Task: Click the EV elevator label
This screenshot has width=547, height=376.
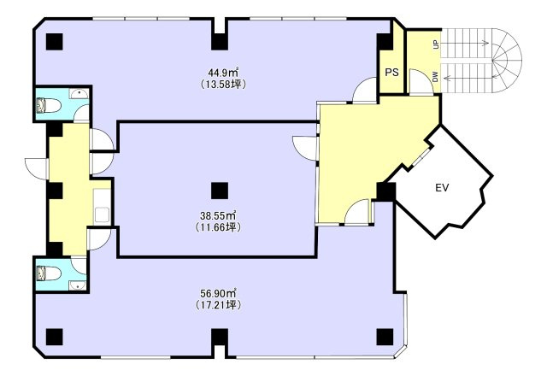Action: tap(442, 188)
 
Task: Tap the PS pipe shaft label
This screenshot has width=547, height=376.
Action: tap(391, 72)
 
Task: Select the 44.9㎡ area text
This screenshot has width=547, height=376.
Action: tap(223, 73)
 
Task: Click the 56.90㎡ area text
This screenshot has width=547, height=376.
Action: tap(219, 293)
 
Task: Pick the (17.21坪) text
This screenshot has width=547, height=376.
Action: tap(219, 305)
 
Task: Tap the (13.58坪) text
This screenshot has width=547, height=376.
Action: tap(223, 85)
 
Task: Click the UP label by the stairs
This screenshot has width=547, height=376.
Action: tap(435, 44)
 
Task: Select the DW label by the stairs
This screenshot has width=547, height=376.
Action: tap(435, 77)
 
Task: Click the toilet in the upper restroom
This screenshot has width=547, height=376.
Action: tap(50, 105)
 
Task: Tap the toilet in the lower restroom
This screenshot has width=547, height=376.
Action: tap(50, 273)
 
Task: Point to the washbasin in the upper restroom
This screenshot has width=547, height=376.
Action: tap(79, 94)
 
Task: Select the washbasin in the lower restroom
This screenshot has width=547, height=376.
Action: tap(78, 285)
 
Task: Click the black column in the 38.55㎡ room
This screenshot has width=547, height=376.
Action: tap(220, 191)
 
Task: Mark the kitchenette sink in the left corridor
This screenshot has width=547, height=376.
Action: tap(102, 214)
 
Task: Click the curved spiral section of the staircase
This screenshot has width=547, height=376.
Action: tap(506, 60)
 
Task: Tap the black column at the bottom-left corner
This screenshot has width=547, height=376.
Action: tap(55, 337)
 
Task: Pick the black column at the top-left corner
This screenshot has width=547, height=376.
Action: tap(55, 42)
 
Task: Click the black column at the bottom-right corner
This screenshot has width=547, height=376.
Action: tap(385, 337)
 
